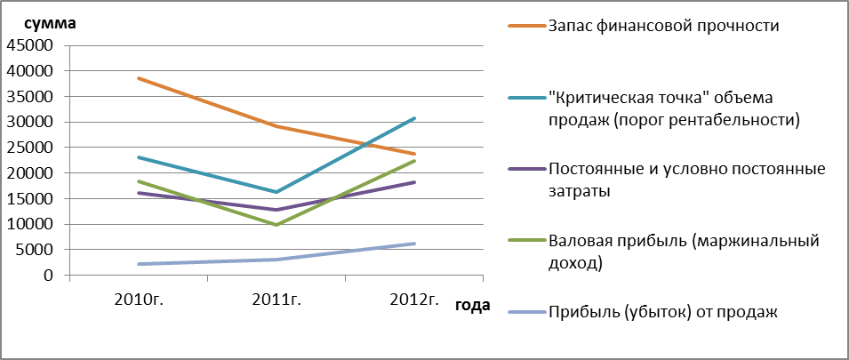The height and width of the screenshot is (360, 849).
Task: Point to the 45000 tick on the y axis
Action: [x=28, y=45]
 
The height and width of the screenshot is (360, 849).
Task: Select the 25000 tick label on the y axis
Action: [x=28, y=148]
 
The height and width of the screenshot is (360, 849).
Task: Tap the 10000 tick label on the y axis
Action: [x=28, y=225]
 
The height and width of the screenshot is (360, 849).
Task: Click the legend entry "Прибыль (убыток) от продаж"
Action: [x=663, y=311]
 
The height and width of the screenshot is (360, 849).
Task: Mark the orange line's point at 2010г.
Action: [x=140, y=78]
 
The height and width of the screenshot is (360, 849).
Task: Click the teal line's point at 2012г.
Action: [x=414, y=118]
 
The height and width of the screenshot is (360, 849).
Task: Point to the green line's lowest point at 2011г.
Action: [x=277, y=225]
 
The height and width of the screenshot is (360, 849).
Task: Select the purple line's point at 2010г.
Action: [x=140, y=193]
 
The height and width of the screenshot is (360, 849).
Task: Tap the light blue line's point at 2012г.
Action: [x=414, y=244]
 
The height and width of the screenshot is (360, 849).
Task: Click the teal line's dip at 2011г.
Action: [x=277, y=192]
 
